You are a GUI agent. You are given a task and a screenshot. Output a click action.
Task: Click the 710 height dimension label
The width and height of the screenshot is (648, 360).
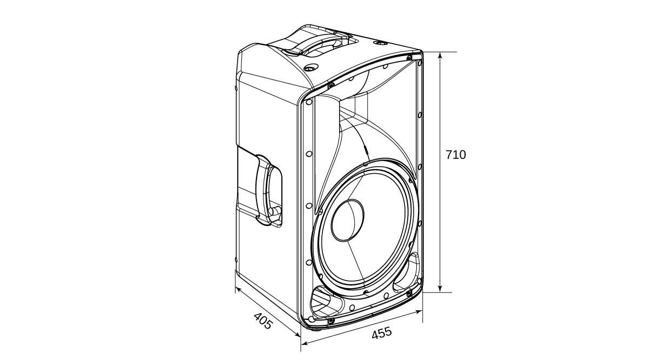click(x=455, y=155)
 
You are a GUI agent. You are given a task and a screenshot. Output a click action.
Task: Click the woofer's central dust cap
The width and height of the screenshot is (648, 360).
click(x=348, y=220)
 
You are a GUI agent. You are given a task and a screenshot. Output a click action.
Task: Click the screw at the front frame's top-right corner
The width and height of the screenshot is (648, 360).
click(x=409, y=57)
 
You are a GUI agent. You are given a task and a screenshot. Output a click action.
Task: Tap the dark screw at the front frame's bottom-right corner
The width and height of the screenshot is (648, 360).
click(x=409, y=293)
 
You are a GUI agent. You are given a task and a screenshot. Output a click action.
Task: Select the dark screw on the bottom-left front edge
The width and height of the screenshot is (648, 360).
click(x=330, y=322)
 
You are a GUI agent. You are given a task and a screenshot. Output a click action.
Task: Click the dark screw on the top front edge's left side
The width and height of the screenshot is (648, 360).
click(x=331, y=86)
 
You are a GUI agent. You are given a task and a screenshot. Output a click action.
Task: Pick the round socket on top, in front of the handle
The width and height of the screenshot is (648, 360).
click(x=310, y=68)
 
